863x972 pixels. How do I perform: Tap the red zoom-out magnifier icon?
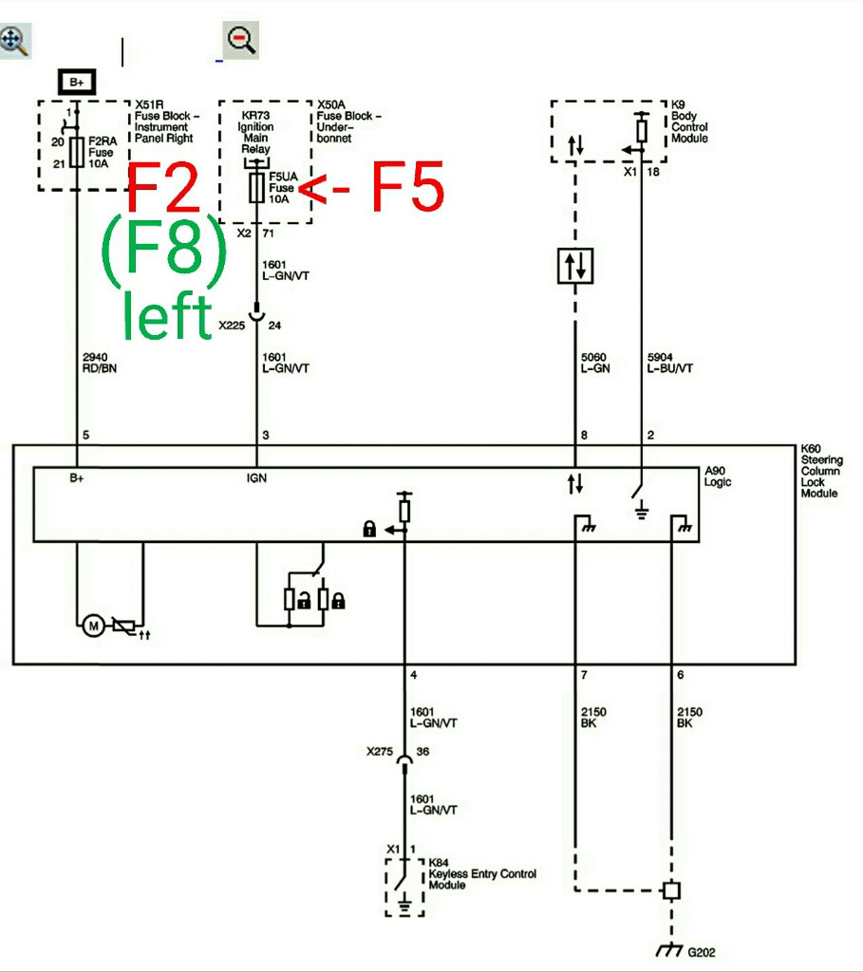point(241,40)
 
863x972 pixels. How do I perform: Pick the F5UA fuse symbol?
point(255,187)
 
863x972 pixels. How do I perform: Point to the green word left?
point(167,315)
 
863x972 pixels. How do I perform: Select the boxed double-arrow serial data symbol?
point(576,265)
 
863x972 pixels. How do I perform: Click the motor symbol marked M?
point(93,625)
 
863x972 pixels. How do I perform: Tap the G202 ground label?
point(701,952)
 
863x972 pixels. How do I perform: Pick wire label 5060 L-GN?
point(593,362)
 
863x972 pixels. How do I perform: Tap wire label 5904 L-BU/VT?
point(670,362)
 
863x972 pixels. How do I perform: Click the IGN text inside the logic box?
point(256,478)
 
